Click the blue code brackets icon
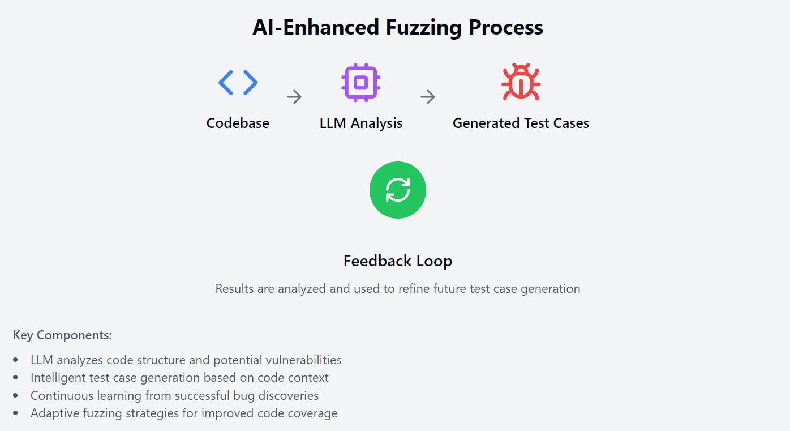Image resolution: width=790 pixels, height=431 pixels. (x=238, y=83)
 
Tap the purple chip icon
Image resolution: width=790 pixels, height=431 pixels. (x=360, y=83)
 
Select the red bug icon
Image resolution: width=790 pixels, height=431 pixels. (x=521, y=83)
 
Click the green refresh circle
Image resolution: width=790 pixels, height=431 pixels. (x=397, y=190)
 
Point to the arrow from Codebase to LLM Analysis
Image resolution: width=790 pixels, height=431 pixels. (x=294, y=97)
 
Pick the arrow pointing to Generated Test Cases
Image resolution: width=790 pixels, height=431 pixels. (x=428, y=97)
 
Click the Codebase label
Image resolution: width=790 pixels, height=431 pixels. (x=238, y=123)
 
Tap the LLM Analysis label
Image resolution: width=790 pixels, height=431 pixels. (x=360, y=123)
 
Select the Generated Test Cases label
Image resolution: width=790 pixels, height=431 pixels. (x=521, y=123)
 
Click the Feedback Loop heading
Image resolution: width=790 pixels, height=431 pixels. (x=397, y=261)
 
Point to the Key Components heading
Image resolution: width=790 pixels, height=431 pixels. (x=62, y=335)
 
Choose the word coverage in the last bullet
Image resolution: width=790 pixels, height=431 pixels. (x=312, y=413)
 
